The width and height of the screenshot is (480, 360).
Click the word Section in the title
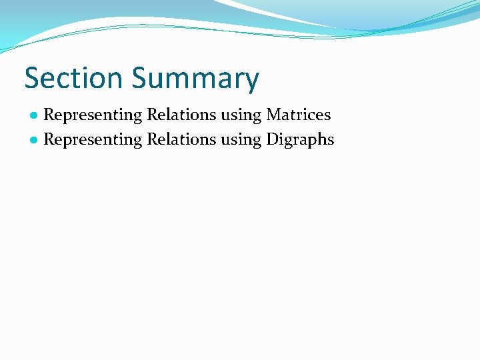(x=74, y=78)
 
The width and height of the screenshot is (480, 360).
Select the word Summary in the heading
(x=195, y=79)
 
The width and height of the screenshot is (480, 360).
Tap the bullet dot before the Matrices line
(x=33, y=115)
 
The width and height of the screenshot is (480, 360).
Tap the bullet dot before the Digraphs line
(x=33, y=140)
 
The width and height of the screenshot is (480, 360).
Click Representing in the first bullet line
(x=93, y=115)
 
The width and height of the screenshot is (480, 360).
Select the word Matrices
(x=299, y=115)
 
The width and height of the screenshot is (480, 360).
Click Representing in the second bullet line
(x=93, y=140)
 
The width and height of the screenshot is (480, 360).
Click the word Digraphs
(x=301, y=140)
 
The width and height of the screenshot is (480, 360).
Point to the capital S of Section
(x=32, y=78)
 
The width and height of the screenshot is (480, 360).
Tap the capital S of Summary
(x=139, y=78)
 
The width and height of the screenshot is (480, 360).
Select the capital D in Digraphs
(x=272, y=139)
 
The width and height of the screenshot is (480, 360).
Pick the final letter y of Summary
(x=251, y=82)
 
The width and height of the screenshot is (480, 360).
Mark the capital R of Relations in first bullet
(x=152, y=115)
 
